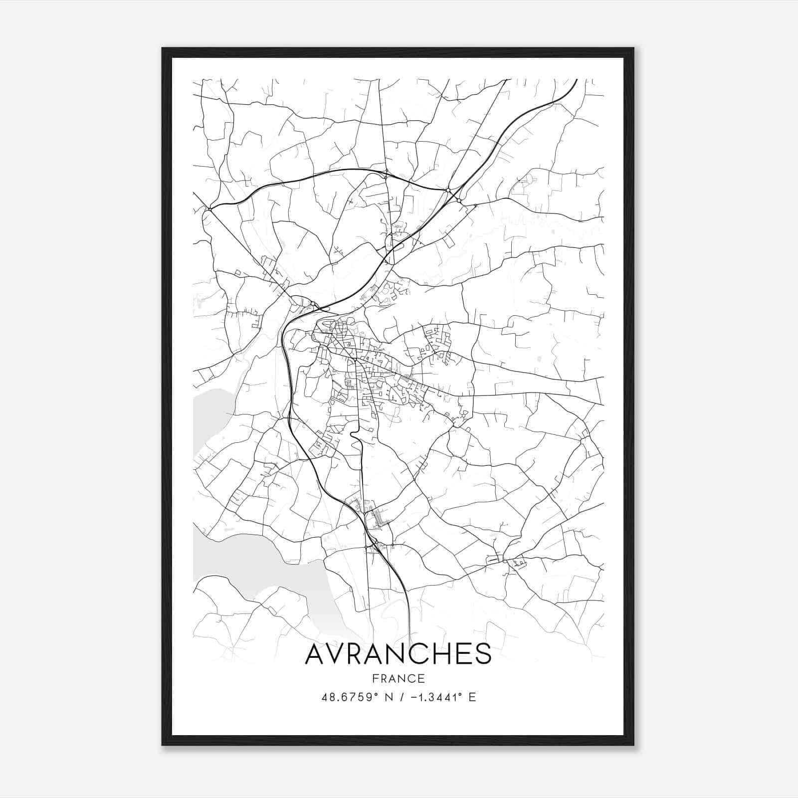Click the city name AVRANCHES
[398, 654]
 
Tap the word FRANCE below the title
[398, 678]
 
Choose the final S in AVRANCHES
[482, 654]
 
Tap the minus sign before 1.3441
[414, 697]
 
